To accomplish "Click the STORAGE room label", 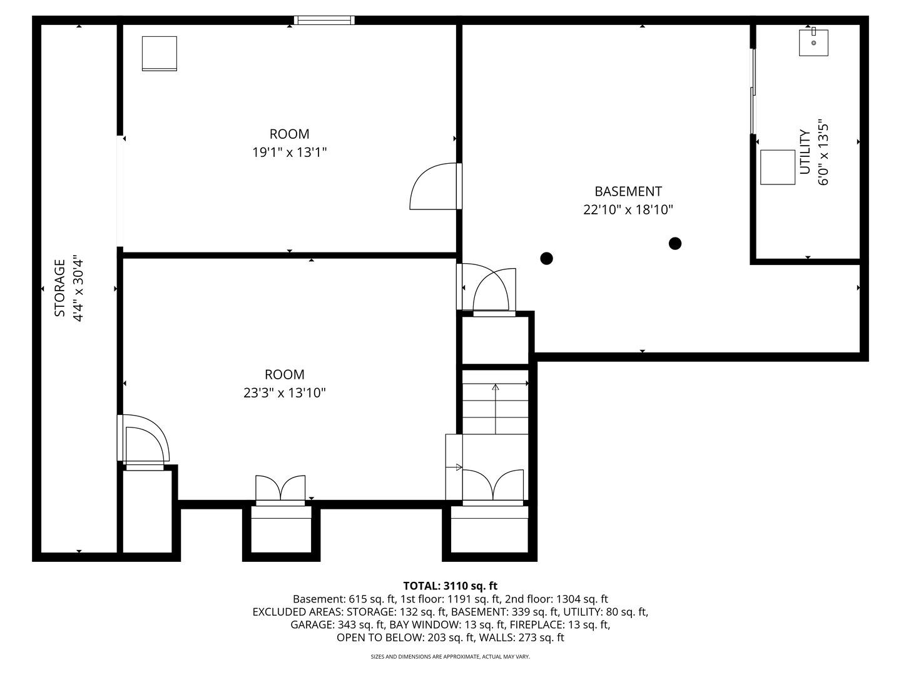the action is pyautogui.click(x=60, y=287).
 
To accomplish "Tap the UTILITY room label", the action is pyautogui.click(x=805, y=152).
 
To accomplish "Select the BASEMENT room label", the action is pyautogui.click(x=628, y=191).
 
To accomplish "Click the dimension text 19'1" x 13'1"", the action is pyautogui.click(x=290, y=152).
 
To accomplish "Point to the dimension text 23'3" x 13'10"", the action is pyautogui.click(x=285, y=393).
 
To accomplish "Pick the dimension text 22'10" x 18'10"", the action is pyautogui.click(x=628, y=210).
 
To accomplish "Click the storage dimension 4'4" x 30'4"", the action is pyautogui.click(x=78, y=290).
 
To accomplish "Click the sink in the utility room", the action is pyautogui.click(x=813, y=42).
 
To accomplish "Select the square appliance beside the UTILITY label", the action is pyautogui.click(x=778, y=167).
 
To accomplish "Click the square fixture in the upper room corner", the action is pyautogui.click(x=160, y=54).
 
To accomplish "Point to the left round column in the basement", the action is pyautogui.click(x=546, y=259).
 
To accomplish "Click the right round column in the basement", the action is pyautogui.click(x=675, y=244).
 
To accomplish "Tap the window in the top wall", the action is pyautogui.click(x=324, y=20).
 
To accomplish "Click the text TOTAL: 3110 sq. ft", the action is pyautogui.click(x=450, y=586).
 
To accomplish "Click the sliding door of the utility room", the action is pyautogui.click(x=753, y=91).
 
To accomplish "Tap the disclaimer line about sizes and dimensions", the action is pyautogui.click(x=450, y=656).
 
